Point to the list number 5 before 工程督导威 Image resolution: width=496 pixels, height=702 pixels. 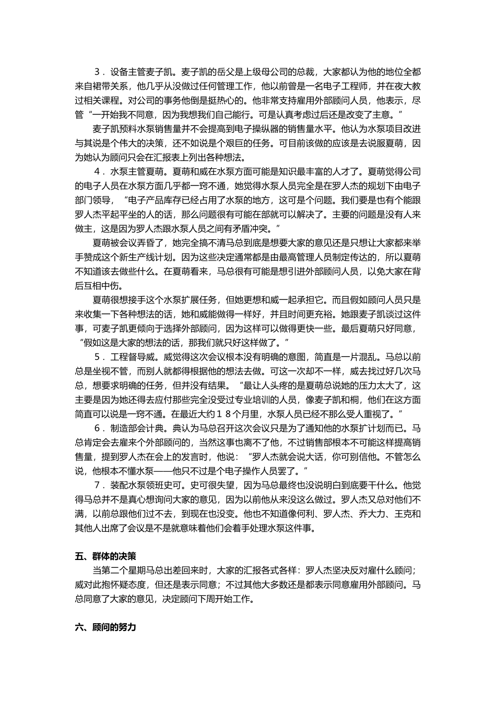[x=97, y=357]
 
